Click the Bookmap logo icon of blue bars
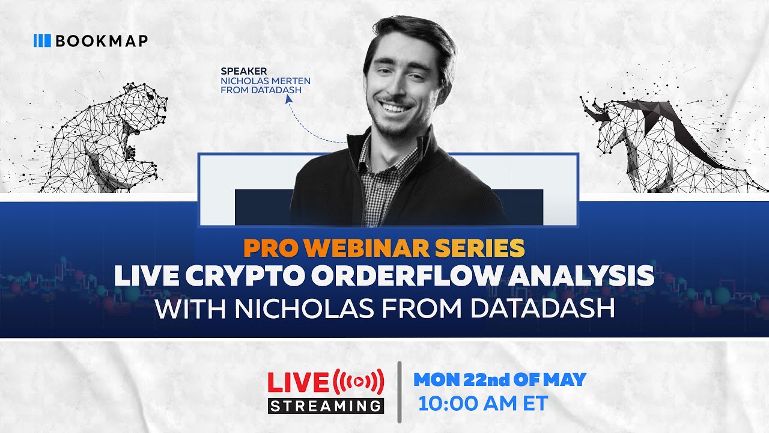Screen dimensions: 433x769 [x=42, y=41]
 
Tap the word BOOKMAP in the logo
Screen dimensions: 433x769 [x=102, y=41]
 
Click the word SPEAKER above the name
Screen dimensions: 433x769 [x=243, y=71]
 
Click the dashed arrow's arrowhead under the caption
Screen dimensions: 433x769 [x=287, y=103]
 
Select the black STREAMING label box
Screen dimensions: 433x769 [x=326, y=405]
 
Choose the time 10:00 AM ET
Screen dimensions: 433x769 [x=484, y=404]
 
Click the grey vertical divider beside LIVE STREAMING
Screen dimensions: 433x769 [x=400, y=392]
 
